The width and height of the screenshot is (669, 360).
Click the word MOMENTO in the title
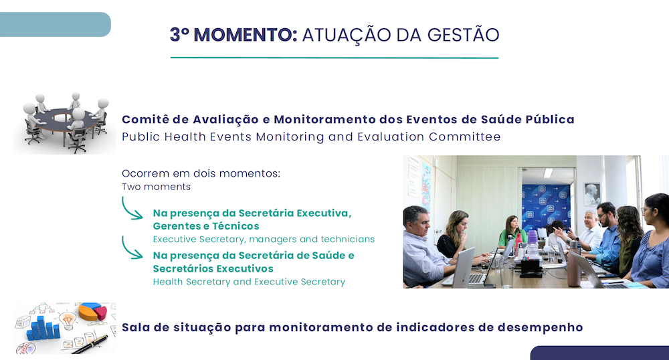coord(246,35)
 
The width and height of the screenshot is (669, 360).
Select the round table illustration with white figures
coord(65,122)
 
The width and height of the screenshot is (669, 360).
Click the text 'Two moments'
coord(156,187)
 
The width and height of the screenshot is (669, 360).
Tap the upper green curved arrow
coord(131,209)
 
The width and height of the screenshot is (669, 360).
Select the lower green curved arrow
coord(131,248)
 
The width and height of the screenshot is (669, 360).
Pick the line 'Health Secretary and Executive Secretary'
coord(249,282)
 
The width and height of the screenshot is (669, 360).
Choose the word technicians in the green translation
coord(348,240)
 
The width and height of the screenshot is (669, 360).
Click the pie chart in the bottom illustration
coord(92,311)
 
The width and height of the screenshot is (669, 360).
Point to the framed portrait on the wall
coord(592,193)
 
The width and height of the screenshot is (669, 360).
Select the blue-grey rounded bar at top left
coord(56,24)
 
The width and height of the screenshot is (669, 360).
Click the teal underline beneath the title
coord(334,58)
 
